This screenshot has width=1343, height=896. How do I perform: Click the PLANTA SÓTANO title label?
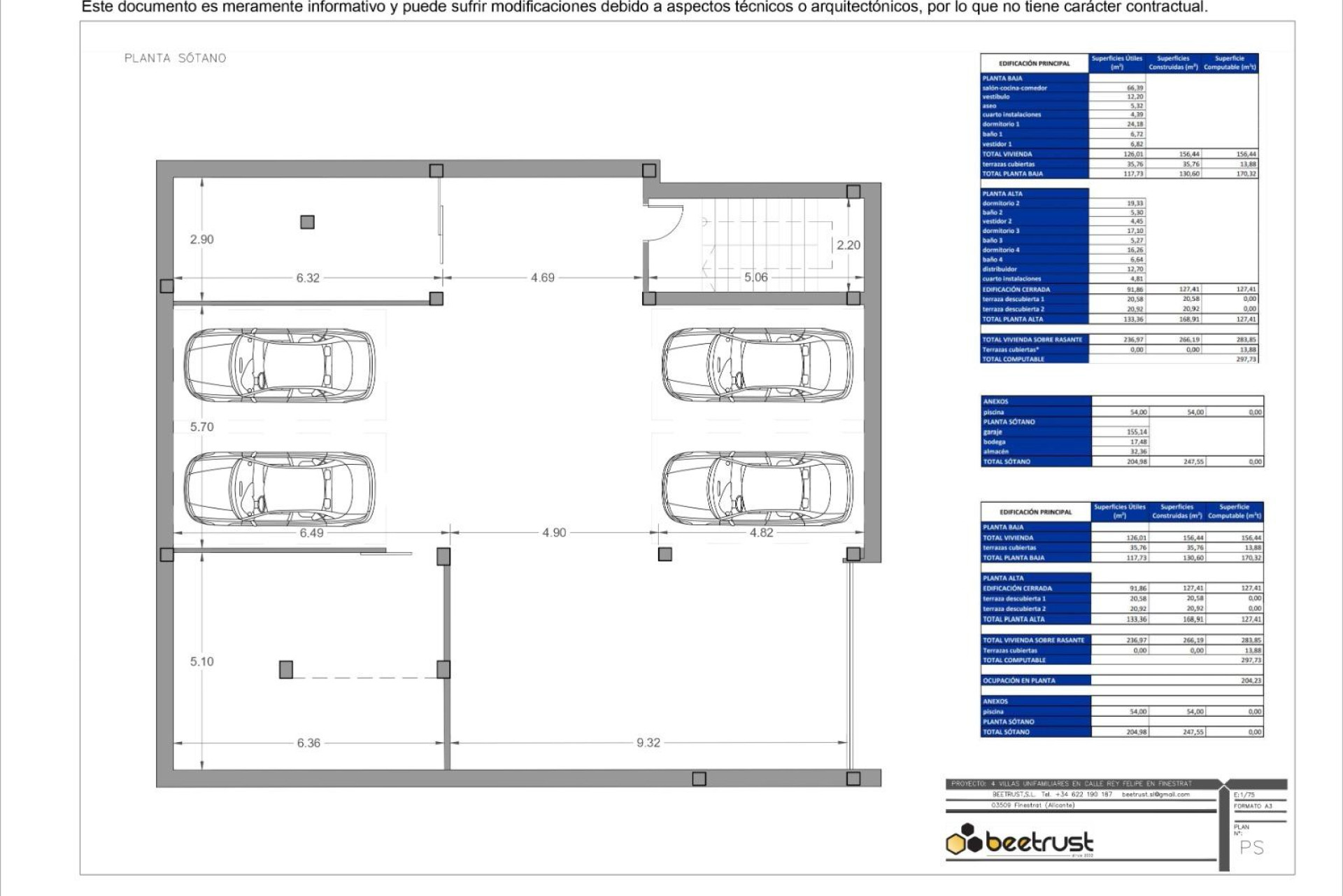point(175,58)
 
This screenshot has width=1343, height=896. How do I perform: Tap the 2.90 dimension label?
point(201,239)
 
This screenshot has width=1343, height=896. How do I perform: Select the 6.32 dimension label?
point(308,278)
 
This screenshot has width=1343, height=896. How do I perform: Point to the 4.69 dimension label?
point(542,278)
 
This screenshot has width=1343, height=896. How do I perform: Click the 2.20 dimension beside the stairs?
point(848,245)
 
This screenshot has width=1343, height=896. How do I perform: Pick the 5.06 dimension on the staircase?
point(755,277)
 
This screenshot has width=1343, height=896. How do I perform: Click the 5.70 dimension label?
point(201,427)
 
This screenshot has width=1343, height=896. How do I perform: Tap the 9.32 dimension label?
point(648,743)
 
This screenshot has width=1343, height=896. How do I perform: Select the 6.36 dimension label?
point(308,743)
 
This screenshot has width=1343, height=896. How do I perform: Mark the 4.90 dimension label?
point(554,533)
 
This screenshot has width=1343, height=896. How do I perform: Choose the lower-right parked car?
point(758,488)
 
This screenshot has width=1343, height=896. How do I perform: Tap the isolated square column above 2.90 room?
point(307,222)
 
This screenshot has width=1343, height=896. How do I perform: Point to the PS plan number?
point(1251,848)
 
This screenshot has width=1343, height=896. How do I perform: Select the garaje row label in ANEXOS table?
point(993,432)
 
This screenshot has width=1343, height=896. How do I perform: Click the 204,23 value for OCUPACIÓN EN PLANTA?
point(1251,680)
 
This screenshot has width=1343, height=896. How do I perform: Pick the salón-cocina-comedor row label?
point(1014,88)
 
